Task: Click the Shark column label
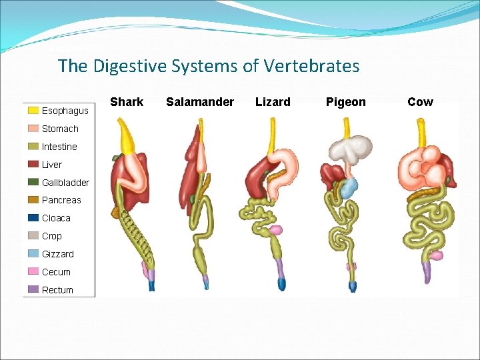127,102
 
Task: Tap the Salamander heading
200,102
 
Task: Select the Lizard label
273,102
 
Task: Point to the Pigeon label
345,102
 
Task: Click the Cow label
420,102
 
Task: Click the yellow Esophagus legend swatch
33,111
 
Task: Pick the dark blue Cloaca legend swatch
33,218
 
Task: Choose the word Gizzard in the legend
58,254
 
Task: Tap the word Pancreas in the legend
61,200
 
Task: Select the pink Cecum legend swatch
33,272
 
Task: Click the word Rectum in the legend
57,290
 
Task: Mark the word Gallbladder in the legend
65,183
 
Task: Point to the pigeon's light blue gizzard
349,187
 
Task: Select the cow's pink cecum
436,255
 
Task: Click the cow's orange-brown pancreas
427,193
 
